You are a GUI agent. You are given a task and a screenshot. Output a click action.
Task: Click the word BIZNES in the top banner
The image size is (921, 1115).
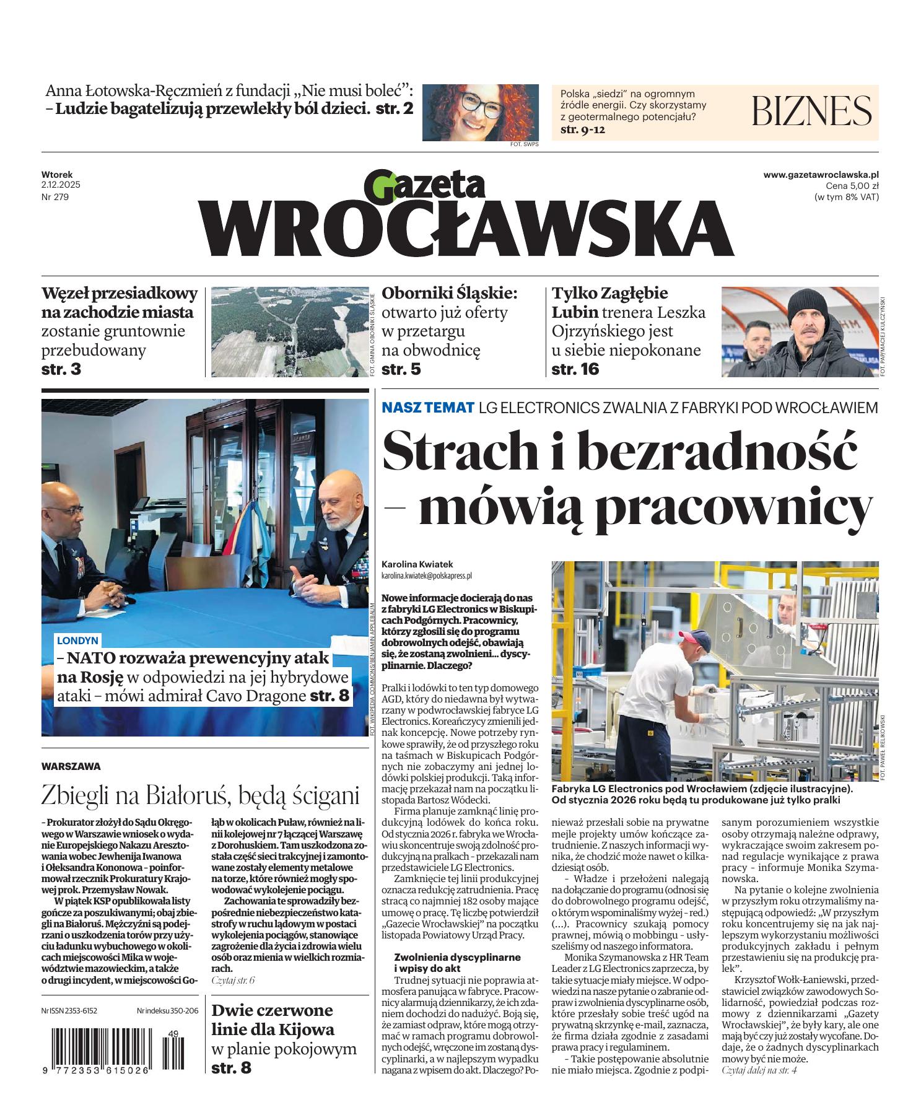click(811, 111)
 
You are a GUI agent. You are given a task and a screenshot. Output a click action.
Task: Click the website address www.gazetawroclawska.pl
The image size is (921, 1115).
click(821, 175)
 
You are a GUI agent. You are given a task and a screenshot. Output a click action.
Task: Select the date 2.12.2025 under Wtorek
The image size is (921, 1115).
click(61, 185)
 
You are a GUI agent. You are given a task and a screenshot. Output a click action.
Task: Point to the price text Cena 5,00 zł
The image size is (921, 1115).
click(852, 186)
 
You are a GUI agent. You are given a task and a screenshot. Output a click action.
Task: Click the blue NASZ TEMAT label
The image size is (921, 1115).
click(428, 408)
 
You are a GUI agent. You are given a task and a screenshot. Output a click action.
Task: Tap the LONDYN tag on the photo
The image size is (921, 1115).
click(77, 640)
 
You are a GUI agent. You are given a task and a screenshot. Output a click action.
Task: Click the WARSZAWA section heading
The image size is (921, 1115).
click(71, 766)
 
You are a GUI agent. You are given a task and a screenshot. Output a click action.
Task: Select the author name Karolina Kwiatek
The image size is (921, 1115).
click(417, 564)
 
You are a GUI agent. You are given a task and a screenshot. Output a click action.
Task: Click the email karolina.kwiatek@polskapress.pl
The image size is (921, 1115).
click(427, 575)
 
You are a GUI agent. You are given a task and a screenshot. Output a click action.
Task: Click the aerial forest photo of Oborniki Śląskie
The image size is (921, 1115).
click(289, 331)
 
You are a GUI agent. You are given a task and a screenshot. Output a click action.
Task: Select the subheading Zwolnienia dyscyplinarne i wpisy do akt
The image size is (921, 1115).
click(457, 962)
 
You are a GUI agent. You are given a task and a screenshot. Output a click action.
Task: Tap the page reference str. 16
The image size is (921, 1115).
click(575, 370)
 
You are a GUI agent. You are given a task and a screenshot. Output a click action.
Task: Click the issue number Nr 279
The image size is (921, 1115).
click(55, 197)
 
